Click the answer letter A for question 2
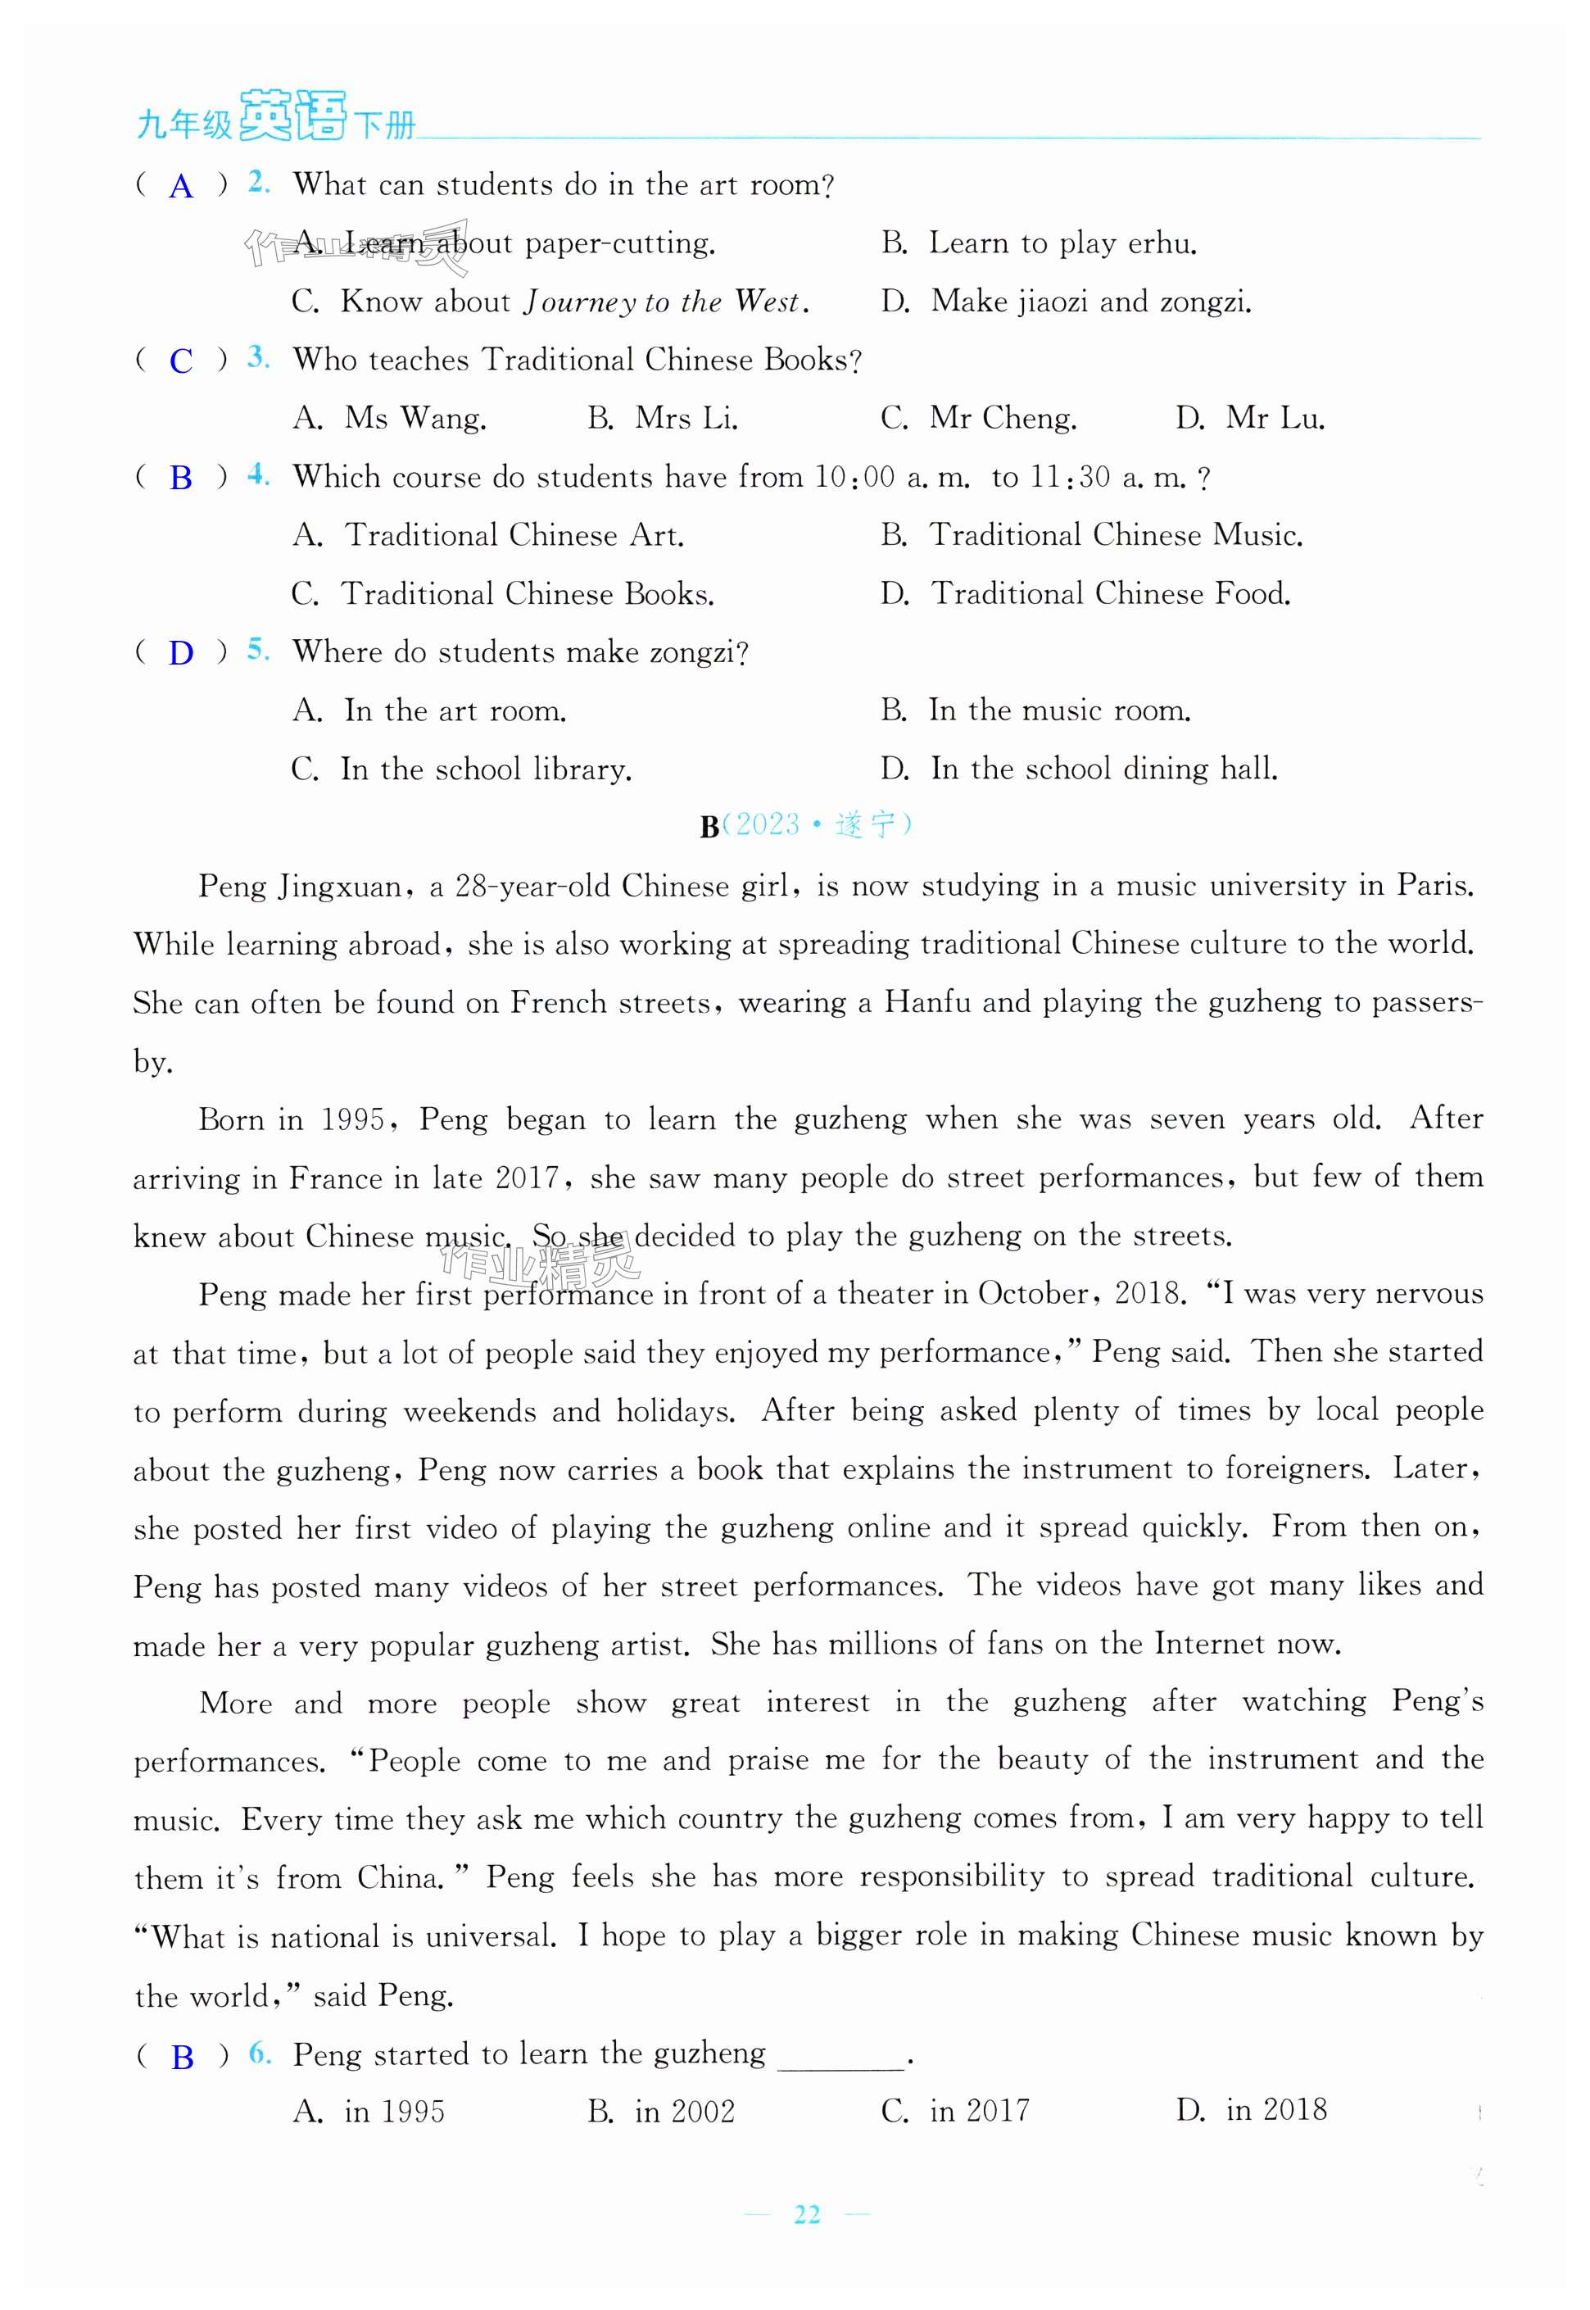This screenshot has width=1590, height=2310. coord(180,186)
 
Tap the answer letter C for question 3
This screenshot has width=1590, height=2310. coord(180,361)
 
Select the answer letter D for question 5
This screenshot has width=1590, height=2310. coord(180,653)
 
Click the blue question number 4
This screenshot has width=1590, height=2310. coord(258,475)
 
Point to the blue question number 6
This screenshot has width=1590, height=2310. coord(259,2053)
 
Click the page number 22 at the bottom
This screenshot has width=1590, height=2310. coord(807,2213)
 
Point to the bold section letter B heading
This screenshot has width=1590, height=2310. coord(709,826)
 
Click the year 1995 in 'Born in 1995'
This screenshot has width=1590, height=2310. coord(353,1119)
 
